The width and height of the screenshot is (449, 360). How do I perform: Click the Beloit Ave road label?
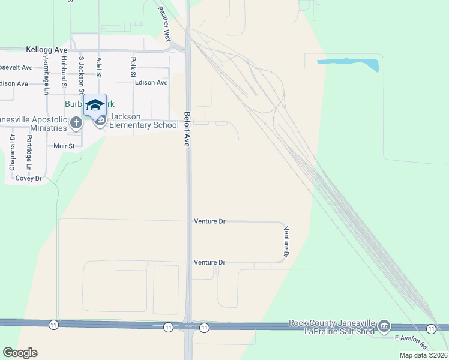[187, 129]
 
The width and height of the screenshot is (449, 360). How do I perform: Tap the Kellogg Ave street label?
[46, 50]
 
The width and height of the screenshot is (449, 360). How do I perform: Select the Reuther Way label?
[164, 23]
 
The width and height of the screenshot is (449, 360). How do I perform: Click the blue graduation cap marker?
[95, 104]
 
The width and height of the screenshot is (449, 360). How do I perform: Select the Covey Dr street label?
[28, 178]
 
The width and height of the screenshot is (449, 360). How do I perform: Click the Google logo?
[20, 353]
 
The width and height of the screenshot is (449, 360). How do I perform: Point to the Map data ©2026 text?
[423, 355]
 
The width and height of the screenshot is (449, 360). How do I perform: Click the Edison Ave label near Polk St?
[151, 82]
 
